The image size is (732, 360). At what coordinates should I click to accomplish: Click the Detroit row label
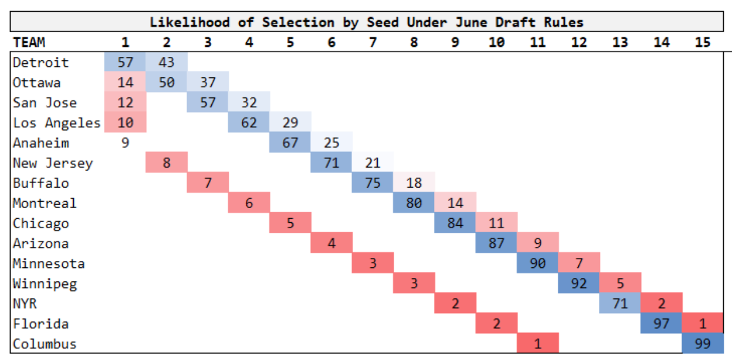coord(40,63)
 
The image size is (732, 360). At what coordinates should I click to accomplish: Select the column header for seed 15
coord(702,42)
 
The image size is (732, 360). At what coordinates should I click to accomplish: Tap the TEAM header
coord(29,42)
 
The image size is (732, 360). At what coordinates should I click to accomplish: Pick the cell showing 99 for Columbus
coord(702,344)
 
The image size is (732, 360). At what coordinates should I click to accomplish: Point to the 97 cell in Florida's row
coord(661,324)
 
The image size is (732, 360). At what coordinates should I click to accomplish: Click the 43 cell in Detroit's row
coord(167,63)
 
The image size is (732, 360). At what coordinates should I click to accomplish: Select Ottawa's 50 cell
coord(167,83)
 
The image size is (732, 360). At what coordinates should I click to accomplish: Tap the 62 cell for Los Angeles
coord(249,123)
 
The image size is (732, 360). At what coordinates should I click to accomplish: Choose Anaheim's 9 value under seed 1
coord(125,143)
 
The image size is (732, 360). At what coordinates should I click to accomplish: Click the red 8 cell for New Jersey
coord(167,163)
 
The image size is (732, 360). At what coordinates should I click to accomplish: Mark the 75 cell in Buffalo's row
coord(372,183)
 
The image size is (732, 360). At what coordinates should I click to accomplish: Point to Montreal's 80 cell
coord(414,203)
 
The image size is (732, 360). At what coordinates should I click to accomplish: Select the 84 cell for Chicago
coord(455,223)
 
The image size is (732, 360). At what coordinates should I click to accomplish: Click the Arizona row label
coord(40,243)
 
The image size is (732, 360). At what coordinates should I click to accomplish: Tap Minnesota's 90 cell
coord(537,263)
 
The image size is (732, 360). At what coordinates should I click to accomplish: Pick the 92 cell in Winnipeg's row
coord(579,284)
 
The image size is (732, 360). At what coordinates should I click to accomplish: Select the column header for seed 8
coord(414,42)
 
